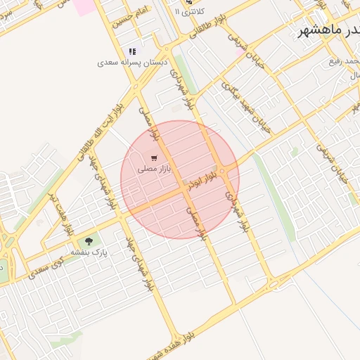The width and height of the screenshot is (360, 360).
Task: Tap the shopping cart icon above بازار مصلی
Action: tap(154, 157)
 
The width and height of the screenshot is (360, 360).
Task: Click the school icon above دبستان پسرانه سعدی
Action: tap(132, 51)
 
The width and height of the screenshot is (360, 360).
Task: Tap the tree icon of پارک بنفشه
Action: tap(88, 242)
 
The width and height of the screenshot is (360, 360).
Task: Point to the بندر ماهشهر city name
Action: tap(329, 30)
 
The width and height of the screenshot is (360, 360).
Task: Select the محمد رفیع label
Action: tap(344, 62)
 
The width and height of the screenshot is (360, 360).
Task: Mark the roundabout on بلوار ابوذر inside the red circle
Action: tap(222, 171)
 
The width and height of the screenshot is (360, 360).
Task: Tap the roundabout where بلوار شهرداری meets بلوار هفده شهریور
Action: tap(272, 283)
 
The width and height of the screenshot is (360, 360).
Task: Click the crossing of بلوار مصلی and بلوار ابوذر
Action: tap(186, 188)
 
